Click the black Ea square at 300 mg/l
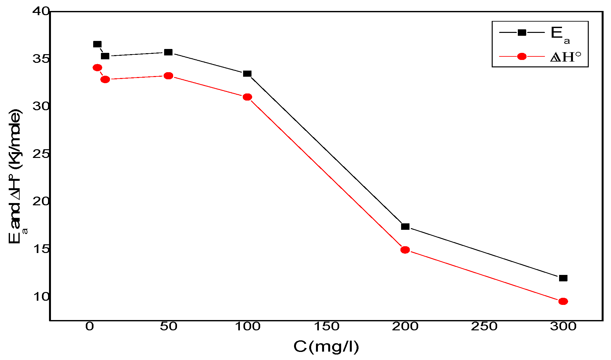[x=563, y=278]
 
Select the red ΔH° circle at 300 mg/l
[x=563, y=301]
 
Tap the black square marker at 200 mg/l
[x=405, y=227]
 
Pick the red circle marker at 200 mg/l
[x=405, y=250]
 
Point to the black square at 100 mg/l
[x=247, y=73]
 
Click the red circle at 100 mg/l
[x=247, y=97]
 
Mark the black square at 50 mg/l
[x=168, y=52]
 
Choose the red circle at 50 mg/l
[x=168, y=76]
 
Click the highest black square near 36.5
[x=97, y=44]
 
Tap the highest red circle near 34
[x=97, y=68]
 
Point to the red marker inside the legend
[x=522, y=57]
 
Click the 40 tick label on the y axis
[x=41, y=11]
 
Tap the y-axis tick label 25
[x=41, y=154]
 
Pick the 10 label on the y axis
[x=41, y=297]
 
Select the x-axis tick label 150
[x=326, y=326]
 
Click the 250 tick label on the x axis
[x=484, y=326]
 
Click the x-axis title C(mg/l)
[x=326, y=347]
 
